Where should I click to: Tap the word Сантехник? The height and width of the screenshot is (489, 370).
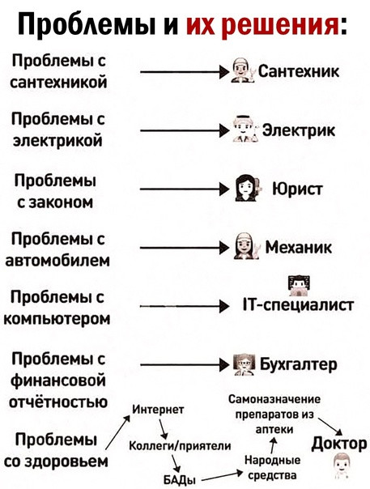299,72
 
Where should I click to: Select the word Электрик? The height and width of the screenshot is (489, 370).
299,130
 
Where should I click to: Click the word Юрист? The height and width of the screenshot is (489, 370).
298,189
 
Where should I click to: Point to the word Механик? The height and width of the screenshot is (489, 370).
299,247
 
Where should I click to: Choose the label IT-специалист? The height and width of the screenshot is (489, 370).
299,305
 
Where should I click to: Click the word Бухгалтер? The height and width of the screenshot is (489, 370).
299,364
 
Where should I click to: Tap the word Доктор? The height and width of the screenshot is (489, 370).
339,444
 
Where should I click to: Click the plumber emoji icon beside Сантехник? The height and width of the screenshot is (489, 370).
243,70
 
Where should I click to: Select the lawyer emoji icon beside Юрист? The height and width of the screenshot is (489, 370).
247,188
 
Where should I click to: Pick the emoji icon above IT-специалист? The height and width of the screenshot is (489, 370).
299,286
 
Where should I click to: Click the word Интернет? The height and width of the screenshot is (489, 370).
159,410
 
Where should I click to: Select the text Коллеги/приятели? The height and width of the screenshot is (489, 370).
180,446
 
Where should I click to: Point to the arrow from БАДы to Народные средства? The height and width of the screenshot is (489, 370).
223,476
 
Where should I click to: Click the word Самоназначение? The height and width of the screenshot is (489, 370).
274,399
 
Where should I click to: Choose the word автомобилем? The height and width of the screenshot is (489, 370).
57,260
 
